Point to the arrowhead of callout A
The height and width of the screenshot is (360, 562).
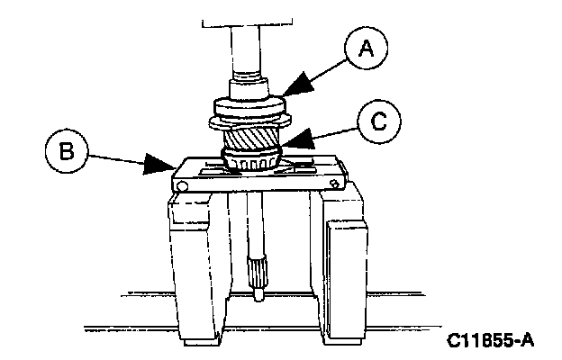(286, 89)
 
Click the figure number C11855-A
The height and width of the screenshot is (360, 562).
(490, 340)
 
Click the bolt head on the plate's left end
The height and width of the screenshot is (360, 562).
(181, 186)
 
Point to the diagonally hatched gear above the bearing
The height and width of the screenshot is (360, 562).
(252, 140)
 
